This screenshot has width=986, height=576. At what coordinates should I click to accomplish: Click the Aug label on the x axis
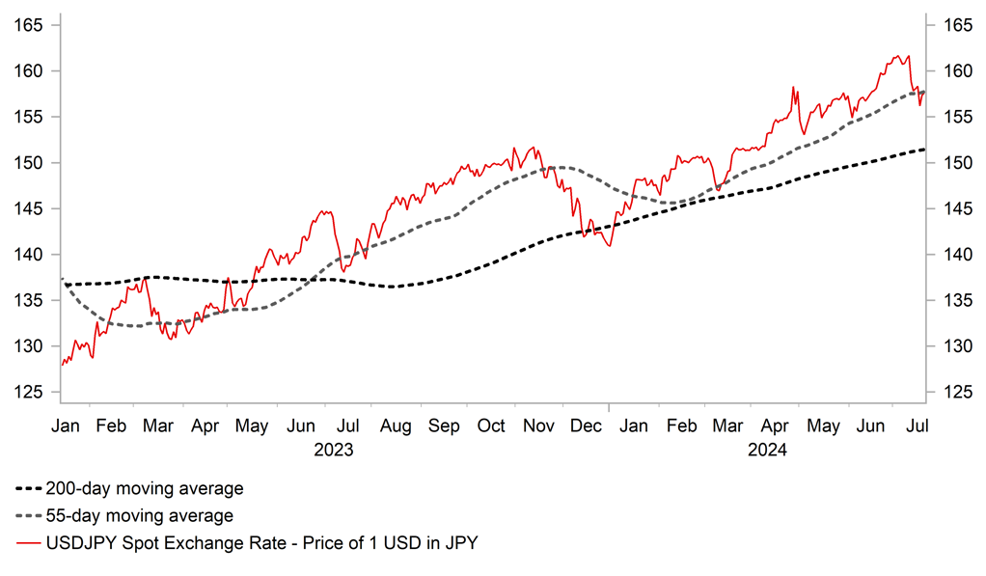(x=396, y=425)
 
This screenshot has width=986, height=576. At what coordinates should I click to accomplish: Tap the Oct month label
(x=492, y=425)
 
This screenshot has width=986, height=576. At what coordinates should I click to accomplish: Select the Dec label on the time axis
(x=586, y=425)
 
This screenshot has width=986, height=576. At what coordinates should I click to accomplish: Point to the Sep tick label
(x=444, y=425)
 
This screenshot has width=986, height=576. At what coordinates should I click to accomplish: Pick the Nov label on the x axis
(x=538, y=425)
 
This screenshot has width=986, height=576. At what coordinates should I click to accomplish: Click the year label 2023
(x=333, y=450)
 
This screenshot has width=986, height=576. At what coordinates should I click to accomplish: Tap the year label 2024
(x=768, y=450)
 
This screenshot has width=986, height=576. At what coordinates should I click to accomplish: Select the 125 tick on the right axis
(x=952, y=392)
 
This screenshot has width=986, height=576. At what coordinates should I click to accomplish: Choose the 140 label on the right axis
(x=952, y=255)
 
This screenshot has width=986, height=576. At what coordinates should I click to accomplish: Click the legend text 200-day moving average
(x=145, y=489)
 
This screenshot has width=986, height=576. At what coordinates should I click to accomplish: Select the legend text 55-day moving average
(x=140, y=516)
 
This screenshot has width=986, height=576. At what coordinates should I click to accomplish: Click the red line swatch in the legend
(x=29, y=543)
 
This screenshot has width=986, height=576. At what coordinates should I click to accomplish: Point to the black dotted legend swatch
(x=29, y=489)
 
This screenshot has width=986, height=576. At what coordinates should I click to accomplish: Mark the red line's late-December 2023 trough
(x=609, y=246)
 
